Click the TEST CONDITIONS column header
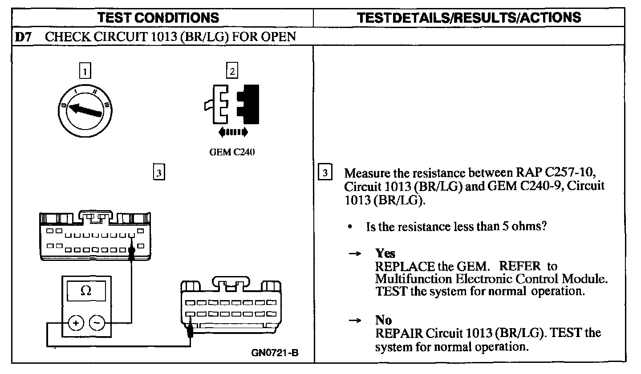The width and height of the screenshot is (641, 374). pyautogui.click(x=158, y=17)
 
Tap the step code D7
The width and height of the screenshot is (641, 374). pyautogui.click(x=24, y=37)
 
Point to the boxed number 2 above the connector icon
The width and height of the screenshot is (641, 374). pyautogui.click(x=232, y=71)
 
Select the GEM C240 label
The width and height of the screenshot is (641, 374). pyautogui.click(x=231, y=152)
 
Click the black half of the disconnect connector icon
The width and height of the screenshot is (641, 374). pyautogui.click(x=249, y=103)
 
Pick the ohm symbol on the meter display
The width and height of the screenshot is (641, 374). pyautogui.click(x=86, y=291)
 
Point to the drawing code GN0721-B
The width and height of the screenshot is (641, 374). pyautogui.click(x=275, y=353)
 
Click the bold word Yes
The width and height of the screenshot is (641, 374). pyautogui.click(x=385, y=253)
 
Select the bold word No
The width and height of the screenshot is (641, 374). pyautogui.click(x=383, y=320)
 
